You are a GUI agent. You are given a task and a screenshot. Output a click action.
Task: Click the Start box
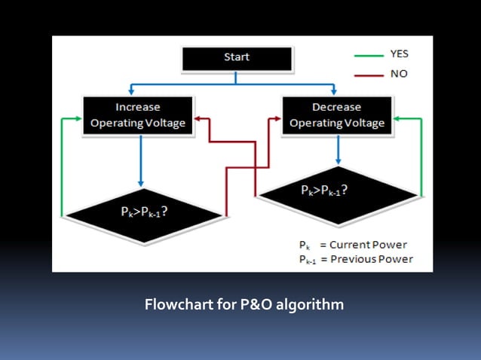click(x=236, y=57)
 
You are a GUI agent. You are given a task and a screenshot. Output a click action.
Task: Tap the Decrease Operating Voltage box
click(x=337, y=115)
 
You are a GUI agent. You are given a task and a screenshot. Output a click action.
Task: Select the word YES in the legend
click(x=399, y=55)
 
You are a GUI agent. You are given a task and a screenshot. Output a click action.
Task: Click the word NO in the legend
click(x=397, y=75)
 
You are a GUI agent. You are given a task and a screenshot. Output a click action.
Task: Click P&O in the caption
click(x=248, y=305)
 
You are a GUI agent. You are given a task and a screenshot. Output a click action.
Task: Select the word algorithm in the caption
click(x=309, y=305)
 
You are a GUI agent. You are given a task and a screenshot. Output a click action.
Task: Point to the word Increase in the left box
click(x=137, y=108)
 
